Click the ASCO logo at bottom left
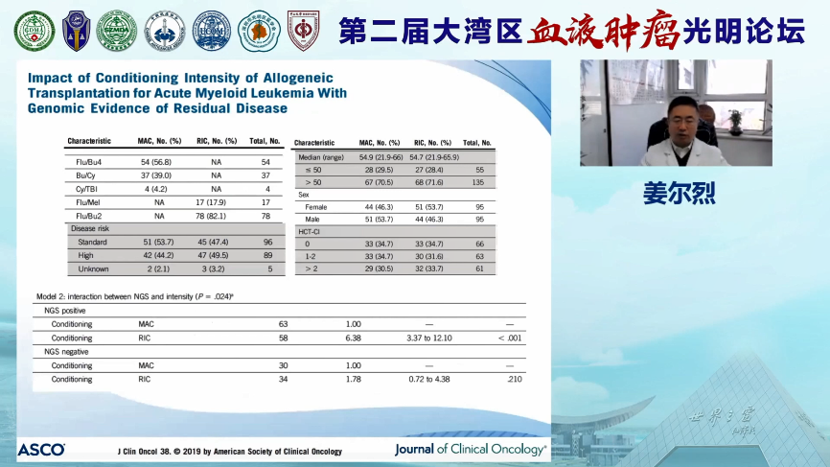[x=40, y=450]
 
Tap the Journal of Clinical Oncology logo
[x=471, y=449]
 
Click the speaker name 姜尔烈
[x=679, y=192]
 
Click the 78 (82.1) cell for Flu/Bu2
[x=216, y=216]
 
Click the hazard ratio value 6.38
[x=353, y=338]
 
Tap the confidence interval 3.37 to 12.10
[x=428, y=338]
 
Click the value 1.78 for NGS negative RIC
[x=353, y=379]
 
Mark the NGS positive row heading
[x=70, y=311]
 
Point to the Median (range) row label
[x=321, y=156]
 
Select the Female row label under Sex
[x=315, y=207]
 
